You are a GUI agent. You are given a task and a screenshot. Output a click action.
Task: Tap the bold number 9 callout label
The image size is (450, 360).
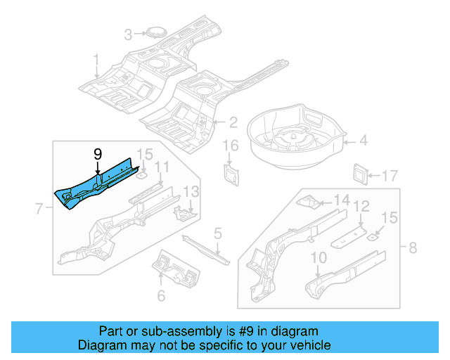pyautogui.click(x=98, y=154)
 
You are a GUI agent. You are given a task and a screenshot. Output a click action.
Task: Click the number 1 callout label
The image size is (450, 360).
pyautogui.click(x=96, y=60)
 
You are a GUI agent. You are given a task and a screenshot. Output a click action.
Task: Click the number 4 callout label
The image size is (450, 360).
pyautogui.click(x=363, y=141)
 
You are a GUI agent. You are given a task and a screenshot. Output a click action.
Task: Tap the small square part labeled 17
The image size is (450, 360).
pyautogui.click(x=361, y=172)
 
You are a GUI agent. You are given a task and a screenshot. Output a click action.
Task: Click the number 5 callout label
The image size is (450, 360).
pyautogui.click(x=218, y=233)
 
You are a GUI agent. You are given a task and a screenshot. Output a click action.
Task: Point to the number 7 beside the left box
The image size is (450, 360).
pyautogui.click(x=39, y=207)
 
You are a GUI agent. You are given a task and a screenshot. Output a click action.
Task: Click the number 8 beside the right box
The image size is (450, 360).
pyautogui.click(x=413, y=247)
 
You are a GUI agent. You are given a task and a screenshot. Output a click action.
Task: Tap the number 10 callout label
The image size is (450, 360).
pyautogui.click(x=319, y=258)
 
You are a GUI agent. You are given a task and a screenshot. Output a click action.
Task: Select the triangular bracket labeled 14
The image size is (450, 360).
pyautogui.click(x=308, y=202)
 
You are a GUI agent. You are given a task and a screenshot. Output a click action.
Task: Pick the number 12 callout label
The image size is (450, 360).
pyautogui.click(x=361, y=207)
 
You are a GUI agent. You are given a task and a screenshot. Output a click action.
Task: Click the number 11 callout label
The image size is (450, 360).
pyautogui.click(x=162, y=167)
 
